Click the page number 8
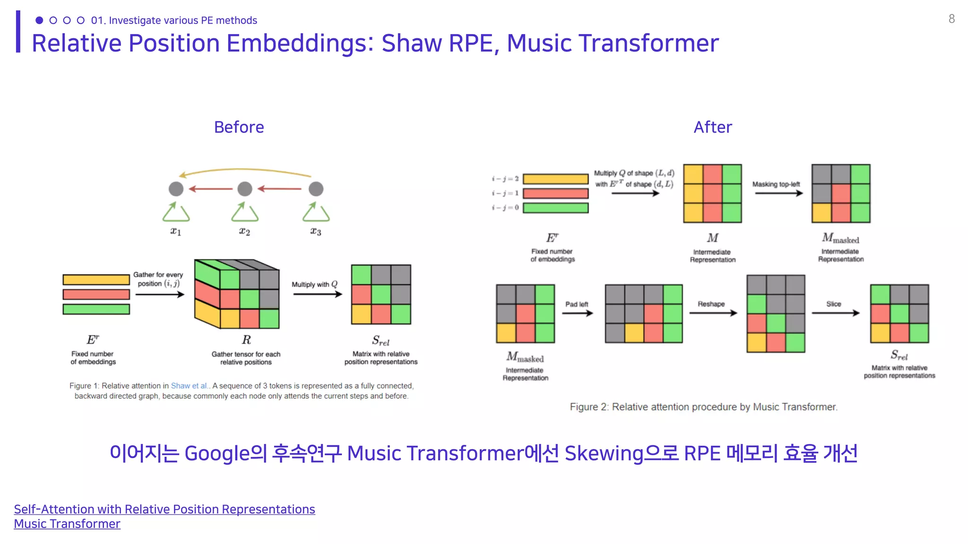click(951, 19)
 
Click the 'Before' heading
click(239, 127)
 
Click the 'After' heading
click(712, 127)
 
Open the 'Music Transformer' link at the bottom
click(67, 524)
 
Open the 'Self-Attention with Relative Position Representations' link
click(164, 509)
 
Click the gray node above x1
click(176, 189)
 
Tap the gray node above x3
click(316, 189)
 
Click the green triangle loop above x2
click(244, 213)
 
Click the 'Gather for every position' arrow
click(159, 295)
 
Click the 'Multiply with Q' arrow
click(317, 294)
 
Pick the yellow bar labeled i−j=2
click(555, 179)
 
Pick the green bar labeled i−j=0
click(555, 208)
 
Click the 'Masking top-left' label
click(776, 184)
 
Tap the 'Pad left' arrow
click(577, 313)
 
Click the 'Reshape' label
click(711, 304)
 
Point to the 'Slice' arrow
click(835, 313)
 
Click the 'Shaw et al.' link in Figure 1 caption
click(189, 386)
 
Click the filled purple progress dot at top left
click(39, 20)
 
